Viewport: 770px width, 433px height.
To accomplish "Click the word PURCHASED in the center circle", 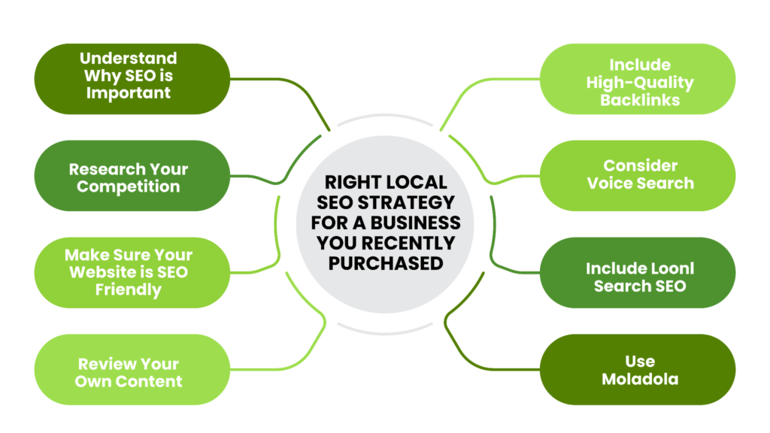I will [x=385, y=262].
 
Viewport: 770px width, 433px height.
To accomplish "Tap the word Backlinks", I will [x=639, y=99].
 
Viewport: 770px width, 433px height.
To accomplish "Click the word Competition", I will [x=129, y=186].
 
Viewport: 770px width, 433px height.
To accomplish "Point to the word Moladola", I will [x=639, y=380].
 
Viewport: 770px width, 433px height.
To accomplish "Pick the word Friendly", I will [x=129, y=289].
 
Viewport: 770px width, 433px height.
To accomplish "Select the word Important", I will [x=129, y=93].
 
